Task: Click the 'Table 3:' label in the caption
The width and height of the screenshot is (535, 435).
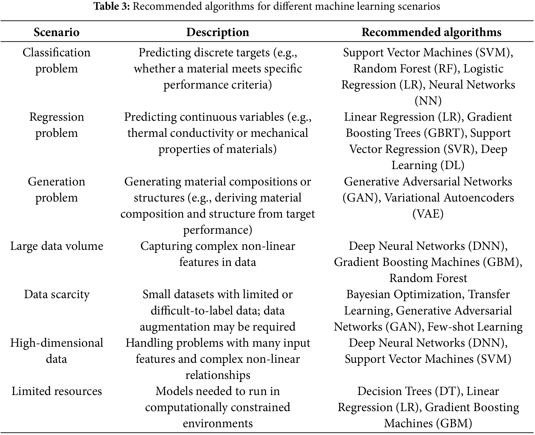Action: (112, 6)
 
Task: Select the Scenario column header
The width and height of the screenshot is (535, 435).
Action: (57, 32)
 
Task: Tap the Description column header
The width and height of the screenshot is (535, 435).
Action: (217, 32)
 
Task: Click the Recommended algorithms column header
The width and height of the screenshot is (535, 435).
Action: (431, 32)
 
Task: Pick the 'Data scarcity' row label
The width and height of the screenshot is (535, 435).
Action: (57, 294)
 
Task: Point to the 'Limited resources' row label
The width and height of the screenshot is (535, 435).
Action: (57, 391)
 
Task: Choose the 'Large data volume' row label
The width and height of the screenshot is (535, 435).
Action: (57, 246)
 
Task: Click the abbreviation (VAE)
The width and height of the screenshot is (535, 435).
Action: (428, 214)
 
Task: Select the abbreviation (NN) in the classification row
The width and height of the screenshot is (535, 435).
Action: (428, 101)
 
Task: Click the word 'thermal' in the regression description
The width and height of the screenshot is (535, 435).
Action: (147, 133)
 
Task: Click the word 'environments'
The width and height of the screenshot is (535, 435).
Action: (217, 423)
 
